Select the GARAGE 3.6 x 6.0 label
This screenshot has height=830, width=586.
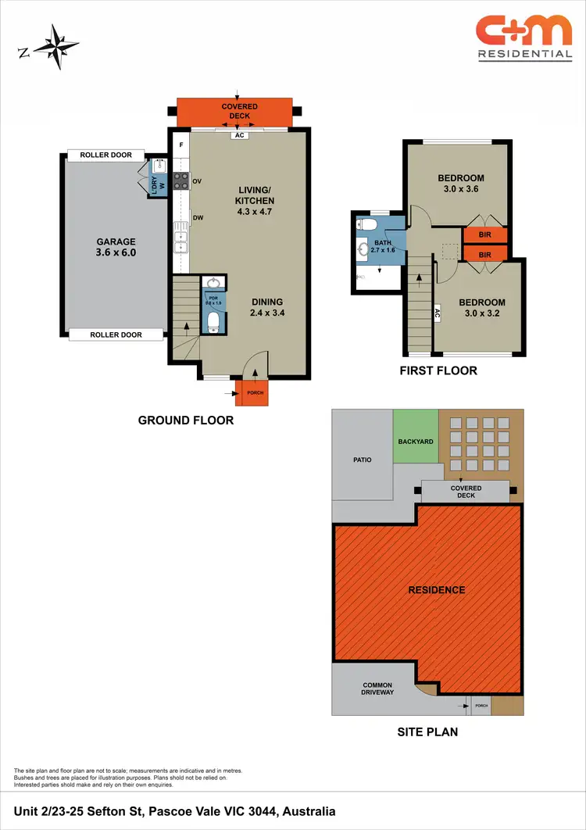click(116, 248)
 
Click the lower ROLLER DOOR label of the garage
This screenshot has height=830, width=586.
click(116, 335)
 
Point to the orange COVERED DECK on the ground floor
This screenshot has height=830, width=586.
click(234, 112)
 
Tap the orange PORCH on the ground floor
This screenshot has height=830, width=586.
click(255, 393)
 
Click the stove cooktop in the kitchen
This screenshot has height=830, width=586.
click(180, 181)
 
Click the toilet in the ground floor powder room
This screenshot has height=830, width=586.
click(213, 320)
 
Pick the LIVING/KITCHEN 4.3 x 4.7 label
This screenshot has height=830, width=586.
click(255, 195)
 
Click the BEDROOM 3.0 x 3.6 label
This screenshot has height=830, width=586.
click(460, 184)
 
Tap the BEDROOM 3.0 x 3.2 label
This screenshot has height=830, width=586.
click(481, 308)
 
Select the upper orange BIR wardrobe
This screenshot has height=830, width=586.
click(484, 234)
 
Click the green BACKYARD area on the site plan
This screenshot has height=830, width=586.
click(415, 441)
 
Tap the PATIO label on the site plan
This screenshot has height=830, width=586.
click(361, 460)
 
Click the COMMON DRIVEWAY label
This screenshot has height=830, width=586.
click(377, 689)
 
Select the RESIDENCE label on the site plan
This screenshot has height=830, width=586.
click(437, 590)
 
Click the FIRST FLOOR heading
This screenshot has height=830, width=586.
click(438, 370)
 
